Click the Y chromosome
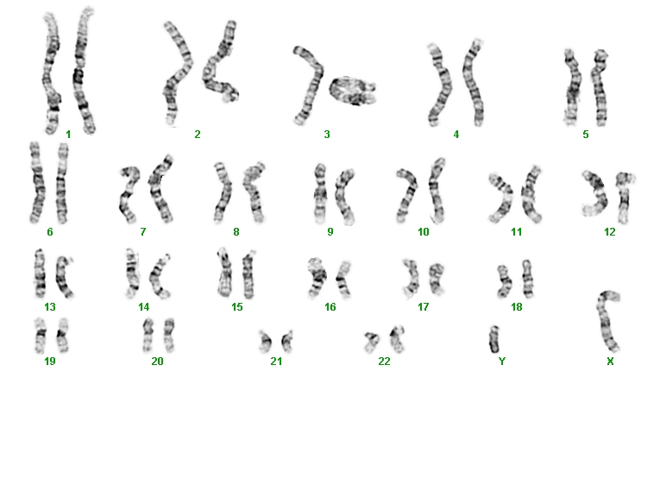pyautogui.click(x=494, y=339)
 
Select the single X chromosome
pyautogui.click(x=606, y=320)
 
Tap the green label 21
pyautogui.click(x=276, y=362)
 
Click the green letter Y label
pyautogui.click(x=502, y=362)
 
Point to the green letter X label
pyautogui.click(x=610, y=362)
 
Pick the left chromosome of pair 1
pyautogui.click(x=51, y=73)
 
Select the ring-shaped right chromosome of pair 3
pyautogui.click(x=353, y=91)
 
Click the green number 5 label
pyautogui.click(x=586, y=135)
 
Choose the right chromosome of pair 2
pyautogui.click(x=221, y=63)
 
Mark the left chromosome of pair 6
pyautogui.click(x=36, y=183)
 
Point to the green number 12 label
pyautogui.click(x=609, y=232)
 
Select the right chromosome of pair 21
pyautogui.click(x=287, y=342)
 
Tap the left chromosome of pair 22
pyautogui.click(x=372, y=343)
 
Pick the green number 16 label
pyautogui.click(x=330, y=307)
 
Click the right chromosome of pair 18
pyautogui.click(x=526, y=279)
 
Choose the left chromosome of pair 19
pyautogui.click(x=40, y=336)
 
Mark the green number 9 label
pyautogui.click(x=330, y=232)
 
